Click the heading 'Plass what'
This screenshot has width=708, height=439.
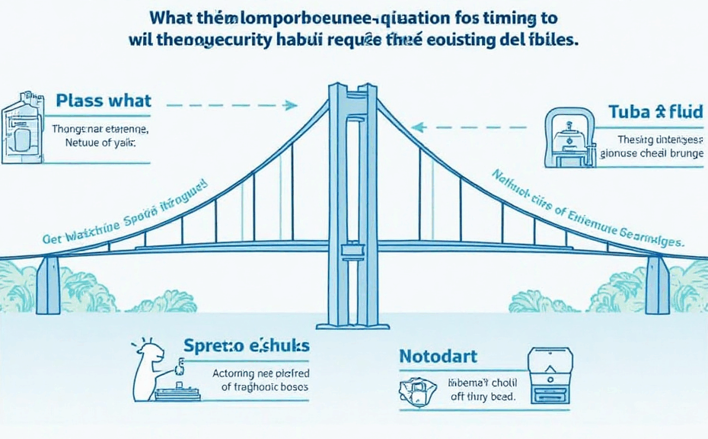[x=104, y=101]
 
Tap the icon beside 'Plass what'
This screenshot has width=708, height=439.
[x=21, y=127]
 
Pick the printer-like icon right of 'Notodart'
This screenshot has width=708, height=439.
[x=550, y=377]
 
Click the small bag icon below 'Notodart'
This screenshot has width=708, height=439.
[x=416, y=389]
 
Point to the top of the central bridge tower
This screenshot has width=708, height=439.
[x=352, y=88]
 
